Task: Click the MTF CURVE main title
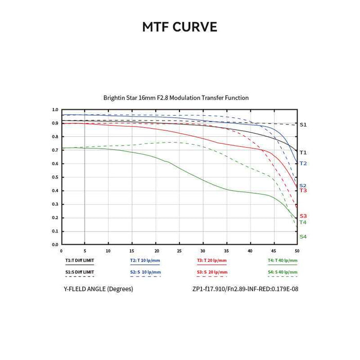(x=179, y=27)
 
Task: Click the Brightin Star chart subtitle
(x=176, y=98)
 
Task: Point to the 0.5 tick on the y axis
(x=55, y=177)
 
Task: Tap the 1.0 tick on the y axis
(x=55, y=110)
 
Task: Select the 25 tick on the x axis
(x=179, y=251)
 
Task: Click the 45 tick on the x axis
(x=274, y=251)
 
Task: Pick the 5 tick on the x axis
(x=85, y=251)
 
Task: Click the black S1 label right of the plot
(x=303, y=124)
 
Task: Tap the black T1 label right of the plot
(x=303, y=153)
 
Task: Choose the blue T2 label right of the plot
(x=303, y=163)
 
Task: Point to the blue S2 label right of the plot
(x=303, y=186)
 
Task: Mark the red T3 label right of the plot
(x=303, y=191)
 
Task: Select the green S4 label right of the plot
(x=303, y=237)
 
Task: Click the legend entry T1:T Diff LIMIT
(x=79, y=260)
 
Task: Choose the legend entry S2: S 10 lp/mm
(x=145, y=272)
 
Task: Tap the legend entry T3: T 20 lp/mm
(x=212, y=260)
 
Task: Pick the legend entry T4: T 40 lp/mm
(x=282, y=260)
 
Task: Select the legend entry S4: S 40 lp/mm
(x=282, y=272)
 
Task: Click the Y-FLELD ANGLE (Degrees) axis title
(x=98, y=289)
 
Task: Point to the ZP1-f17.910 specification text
(x=245, y=289)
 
